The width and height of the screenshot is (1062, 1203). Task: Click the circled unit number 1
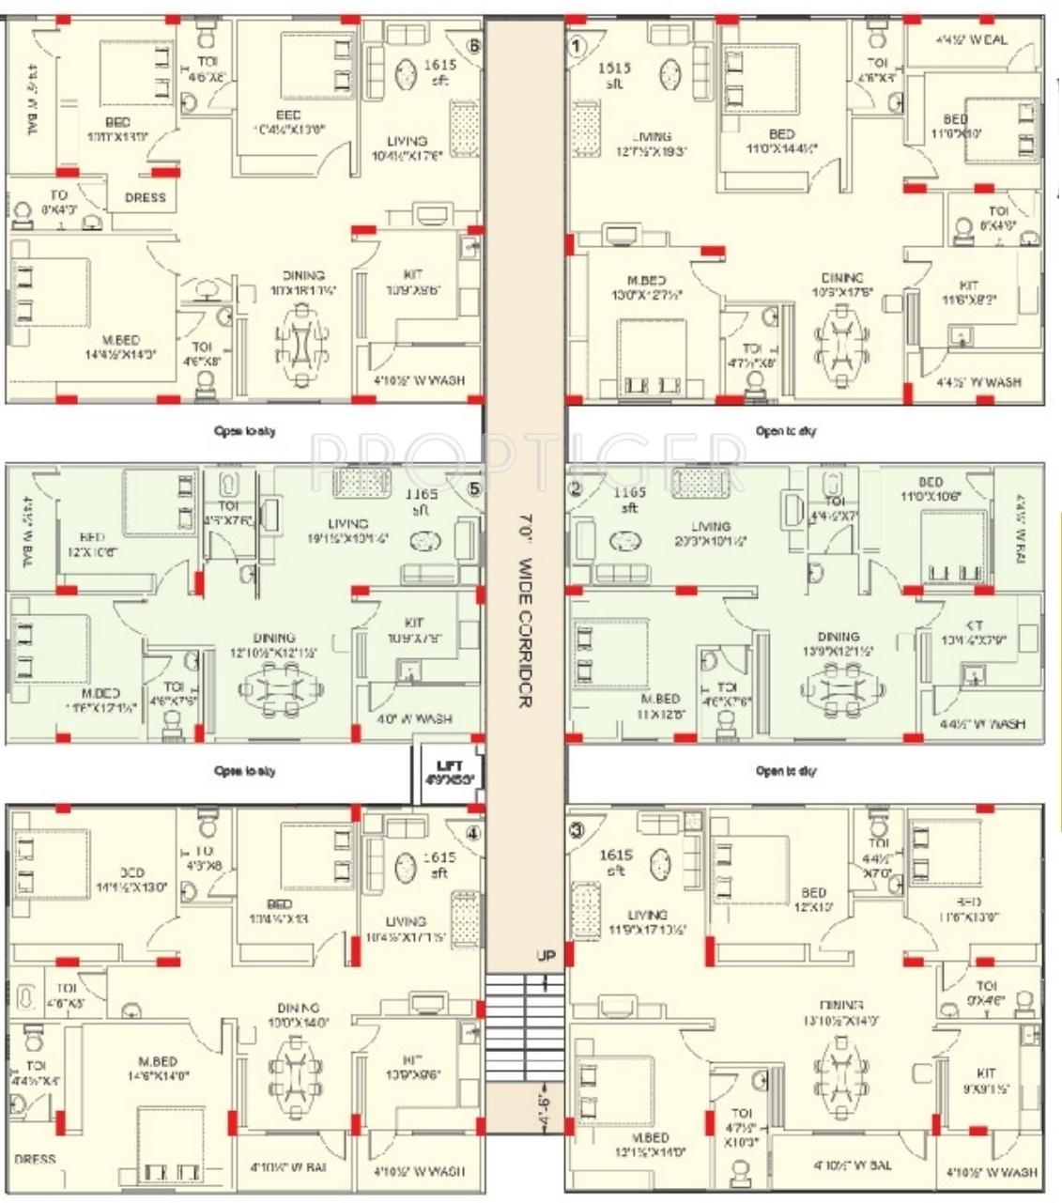[x=577, y=44]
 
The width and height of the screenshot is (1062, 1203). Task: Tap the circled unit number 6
[x=474, y=44]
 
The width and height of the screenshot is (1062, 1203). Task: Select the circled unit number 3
[x=577, y=829]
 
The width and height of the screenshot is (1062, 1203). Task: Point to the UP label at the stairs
[x=546, y=956]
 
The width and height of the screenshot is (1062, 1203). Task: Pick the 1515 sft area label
[x=616, y=75]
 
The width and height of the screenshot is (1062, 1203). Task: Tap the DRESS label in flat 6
[x=145, y=197]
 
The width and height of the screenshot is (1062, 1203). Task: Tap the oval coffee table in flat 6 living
[x=407, y=74]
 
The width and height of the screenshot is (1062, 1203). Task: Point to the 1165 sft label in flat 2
[x=629, y=500]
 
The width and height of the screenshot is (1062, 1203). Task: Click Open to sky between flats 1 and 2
[x=786, y=431]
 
